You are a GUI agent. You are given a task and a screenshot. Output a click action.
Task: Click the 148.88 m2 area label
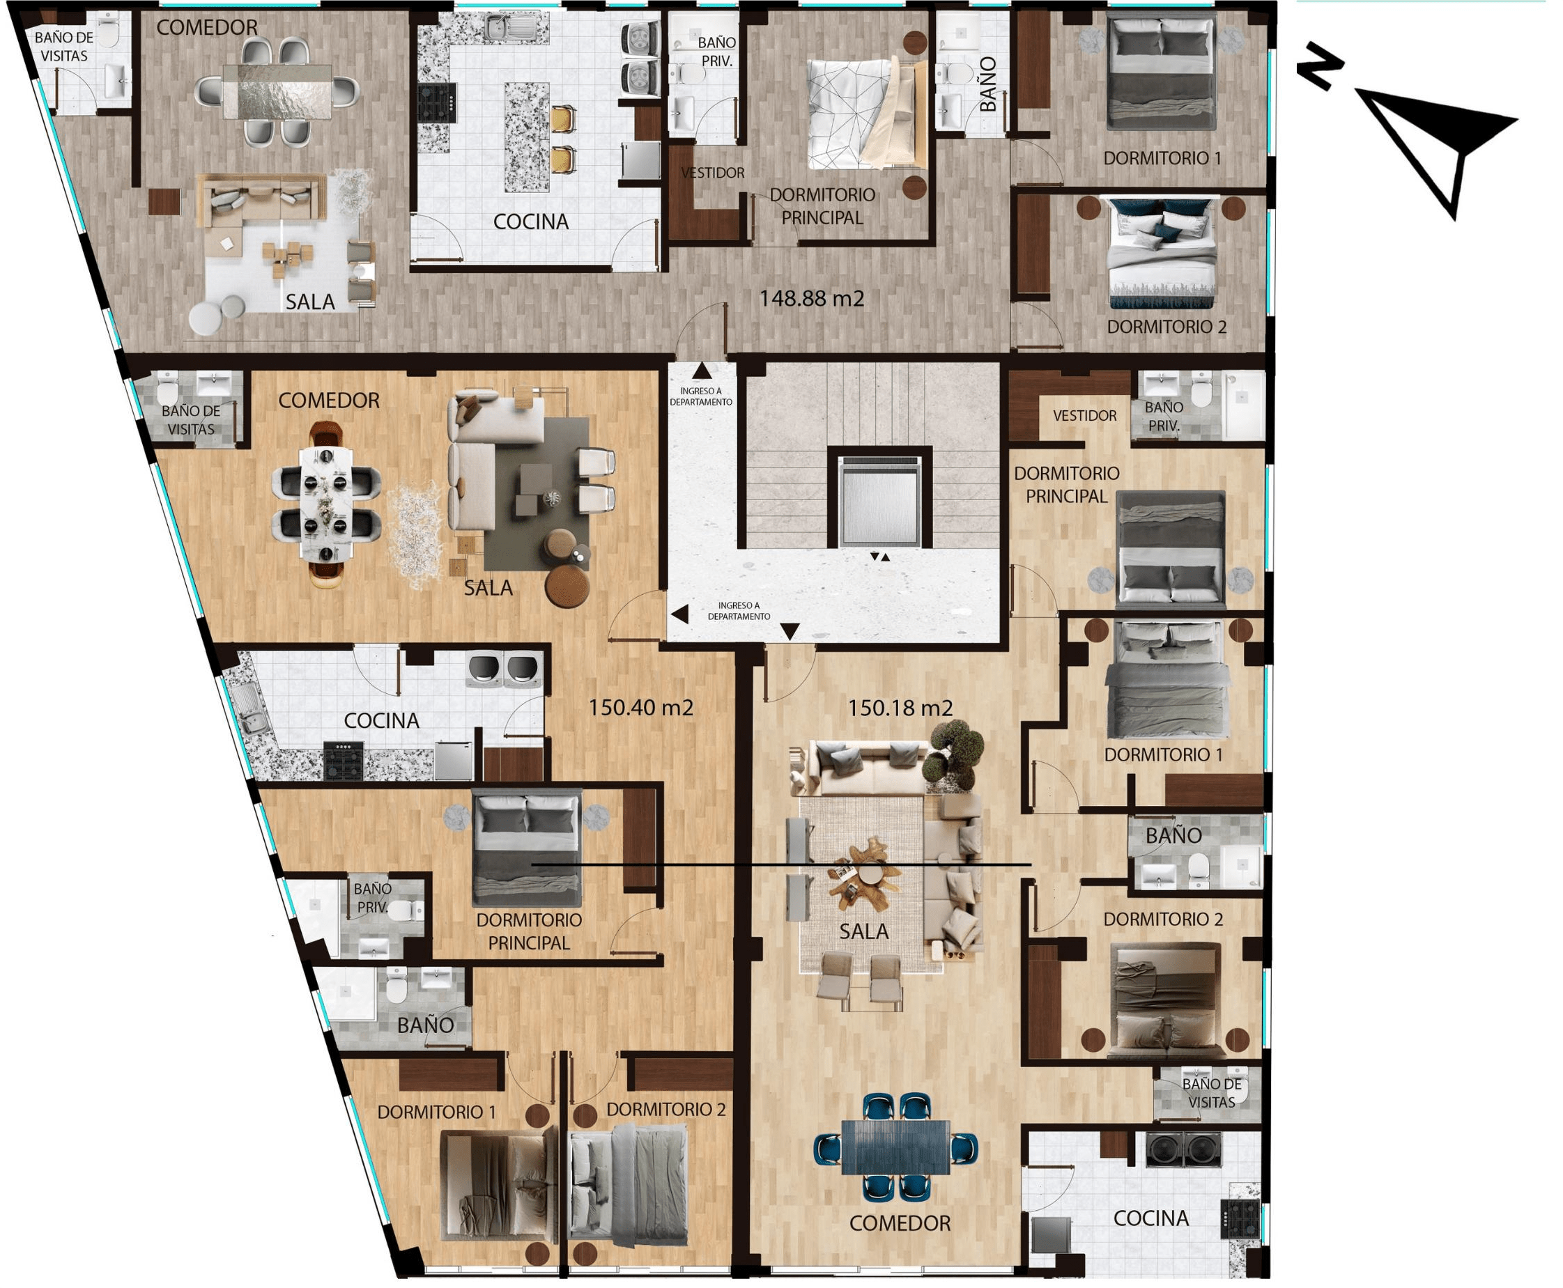click(811, 298)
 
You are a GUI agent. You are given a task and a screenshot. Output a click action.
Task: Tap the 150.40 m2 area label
click(640, 707)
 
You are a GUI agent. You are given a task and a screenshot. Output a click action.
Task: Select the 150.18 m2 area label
click(900, 708)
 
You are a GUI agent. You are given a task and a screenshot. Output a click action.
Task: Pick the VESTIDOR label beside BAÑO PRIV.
click(1084, 415)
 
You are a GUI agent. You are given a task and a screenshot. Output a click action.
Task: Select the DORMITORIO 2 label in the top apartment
click(1167, 327)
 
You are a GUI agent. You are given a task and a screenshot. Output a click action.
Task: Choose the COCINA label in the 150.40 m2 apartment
click(381, 720)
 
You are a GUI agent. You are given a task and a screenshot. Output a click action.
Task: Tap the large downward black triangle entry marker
click(790, 631)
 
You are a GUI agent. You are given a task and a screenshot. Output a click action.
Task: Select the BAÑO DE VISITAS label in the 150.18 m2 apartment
click(1211, 1093)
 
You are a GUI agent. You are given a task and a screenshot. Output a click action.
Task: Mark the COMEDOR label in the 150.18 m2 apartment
click(900, 1223)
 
